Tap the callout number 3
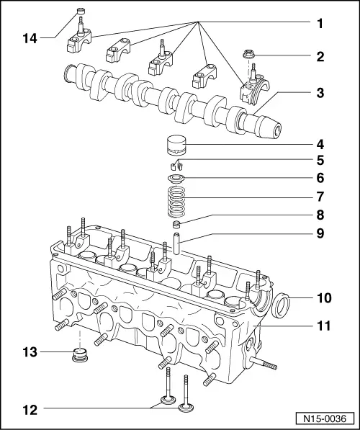pos(319,93)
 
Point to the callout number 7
pos(319,196)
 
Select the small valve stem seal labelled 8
pos(176,226)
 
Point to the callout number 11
pos(319,326)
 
